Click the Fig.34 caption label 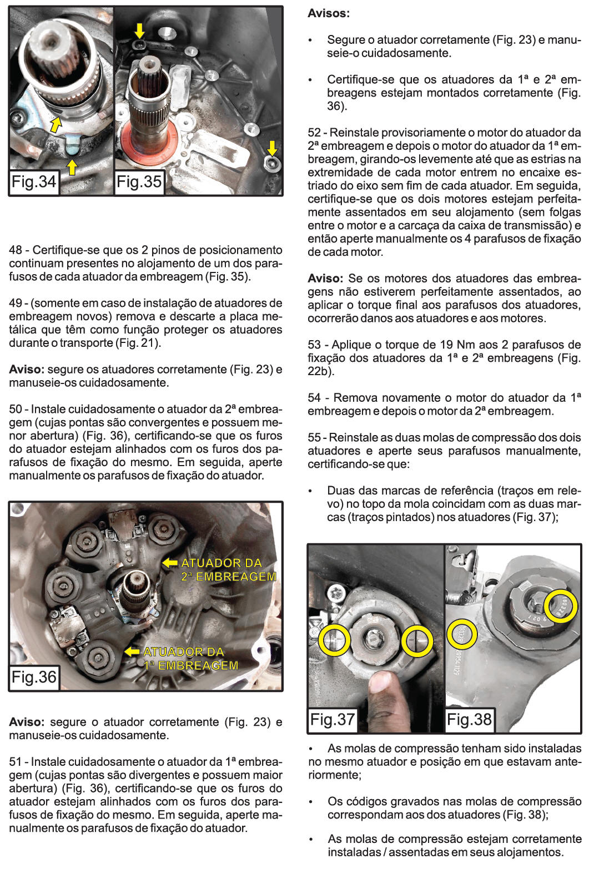click(34, 181)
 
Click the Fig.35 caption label click(139, 181)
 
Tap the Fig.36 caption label click(34, 677)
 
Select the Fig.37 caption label click(332, 720)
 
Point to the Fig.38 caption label click(469, 720)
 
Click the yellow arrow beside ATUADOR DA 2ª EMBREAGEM click(169, 563)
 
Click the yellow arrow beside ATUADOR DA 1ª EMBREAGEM click(132, 651)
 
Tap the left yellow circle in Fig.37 click(334, 640)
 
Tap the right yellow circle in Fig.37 click(417, 641)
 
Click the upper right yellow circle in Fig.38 click(561, 606)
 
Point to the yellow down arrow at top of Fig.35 click(139, 31)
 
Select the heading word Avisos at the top click(329, 13)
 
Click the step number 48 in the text click(16, 250)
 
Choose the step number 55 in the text click(314, 438)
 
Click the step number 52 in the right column click(314, 133)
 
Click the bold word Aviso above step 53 click(325, 279)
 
